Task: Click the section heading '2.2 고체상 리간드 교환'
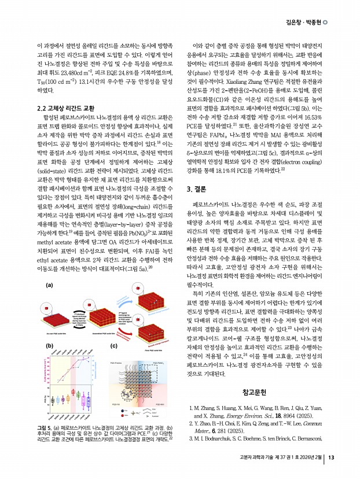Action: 65,108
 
